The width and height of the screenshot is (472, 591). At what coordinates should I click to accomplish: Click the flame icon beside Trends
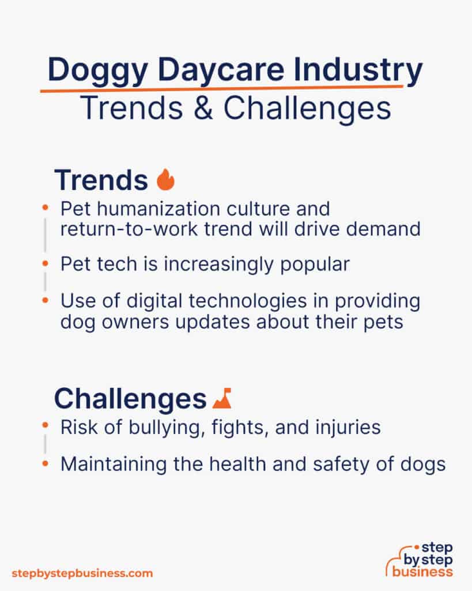(165, 180)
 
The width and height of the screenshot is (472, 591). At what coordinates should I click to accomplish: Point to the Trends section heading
(101, 180)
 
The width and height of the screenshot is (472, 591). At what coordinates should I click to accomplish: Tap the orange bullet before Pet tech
(45, 264)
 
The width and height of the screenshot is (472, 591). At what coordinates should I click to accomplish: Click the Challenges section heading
(130, 398)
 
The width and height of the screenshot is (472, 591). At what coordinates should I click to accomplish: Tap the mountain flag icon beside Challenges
(221, 398)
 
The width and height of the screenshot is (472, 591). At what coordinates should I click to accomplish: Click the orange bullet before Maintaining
(45, 463)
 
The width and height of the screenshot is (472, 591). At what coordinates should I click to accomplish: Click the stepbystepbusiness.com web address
(82, 573)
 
